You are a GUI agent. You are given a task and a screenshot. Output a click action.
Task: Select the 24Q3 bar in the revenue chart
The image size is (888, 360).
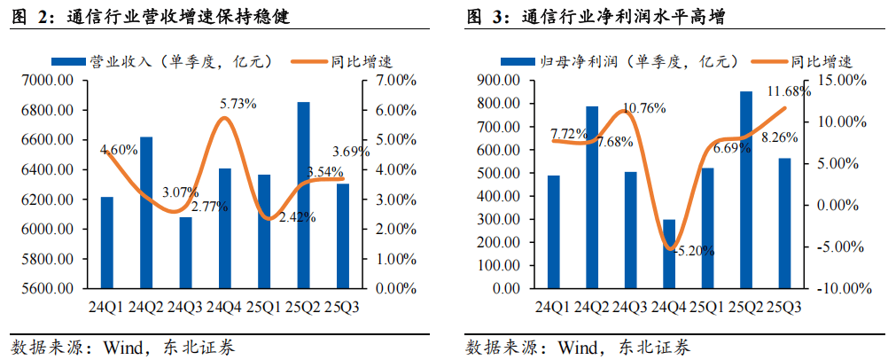[x=185, y=253]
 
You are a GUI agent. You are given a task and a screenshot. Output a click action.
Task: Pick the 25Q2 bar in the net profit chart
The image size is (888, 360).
[x=745, y=190]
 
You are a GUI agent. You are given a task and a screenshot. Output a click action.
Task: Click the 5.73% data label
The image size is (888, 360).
[x=238, y=104]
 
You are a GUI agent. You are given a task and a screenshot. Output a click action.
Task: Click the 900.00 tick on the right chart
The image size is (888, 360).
[x=495, y=81]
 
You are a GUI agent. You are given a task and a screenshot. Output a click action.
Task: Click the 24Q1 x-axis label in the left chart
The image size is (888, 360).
[x=106, y=307]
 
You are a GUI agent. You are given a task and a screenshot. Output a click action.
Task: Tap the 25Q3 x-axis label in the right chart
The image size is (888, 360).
[x=783, y=307]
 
